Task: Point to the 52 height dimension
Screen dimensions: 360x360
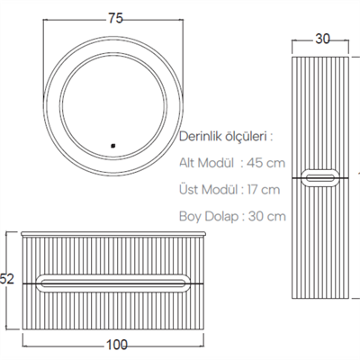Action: (8, 280)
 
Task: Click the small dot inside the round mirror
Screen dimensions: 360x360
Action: (113, 144)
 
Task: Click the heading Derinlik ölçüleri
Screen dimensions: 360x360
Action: (226, 137)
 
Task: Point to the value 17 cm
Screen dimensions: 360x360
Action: (264, 189)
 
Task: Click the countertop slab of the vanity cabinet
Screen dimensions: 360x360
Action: (116, 232)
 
